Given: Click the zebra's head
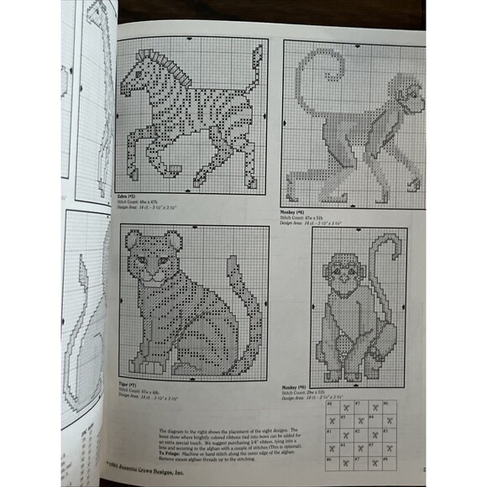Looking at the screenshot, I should (x=134, y=80).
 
